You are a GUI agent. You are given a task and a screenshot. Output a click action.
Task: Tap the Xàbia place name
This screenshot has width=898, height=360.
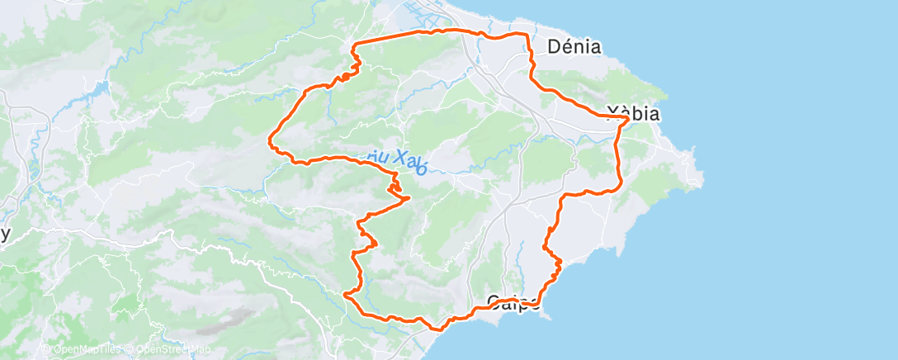pos(633,114)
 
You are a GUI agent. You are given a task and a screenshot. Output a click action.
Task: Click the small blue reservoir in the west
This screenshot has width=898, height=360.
pos(102,87)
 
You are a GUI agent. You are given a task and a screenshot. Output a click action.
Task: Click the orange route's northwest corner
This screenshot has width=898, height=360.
pos(356,43)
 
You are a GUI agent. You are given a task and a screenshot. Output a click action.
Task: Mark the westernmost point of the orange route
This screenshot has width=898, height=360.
pos(270,142)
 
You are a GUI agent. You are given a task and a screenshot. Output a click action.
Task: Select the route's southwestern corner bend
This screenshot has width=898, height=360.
pos(346,292)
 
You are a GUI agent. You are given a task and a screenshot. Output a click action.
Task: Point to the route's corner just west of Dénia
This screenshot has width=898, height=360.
pos(527,36)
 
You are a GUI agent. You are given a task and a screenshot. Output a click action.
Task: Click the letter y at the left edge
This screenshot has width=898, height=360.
pos(6,234)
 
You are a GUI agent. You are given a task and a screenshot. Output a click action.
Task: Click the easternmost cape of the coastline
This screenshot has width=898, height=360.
pos(702,175)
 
